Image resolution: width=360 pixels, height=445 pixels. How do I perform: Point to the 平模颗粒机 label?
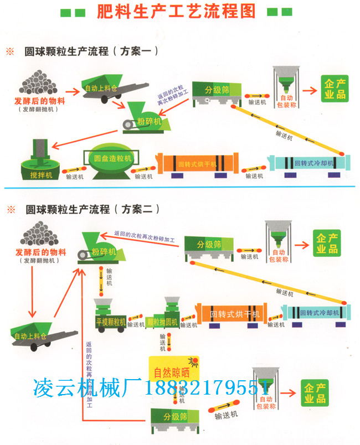pos(110,322)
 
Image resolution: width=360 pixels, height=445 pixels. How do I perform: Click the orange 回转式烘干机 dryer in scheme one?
pos(197,164)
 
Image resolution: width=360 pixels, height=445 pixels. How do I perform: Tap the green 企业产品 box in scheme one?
pos(334,90)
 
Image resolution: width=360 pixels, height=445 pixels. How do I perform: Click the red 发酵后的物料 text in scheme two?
pos(39,252)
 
